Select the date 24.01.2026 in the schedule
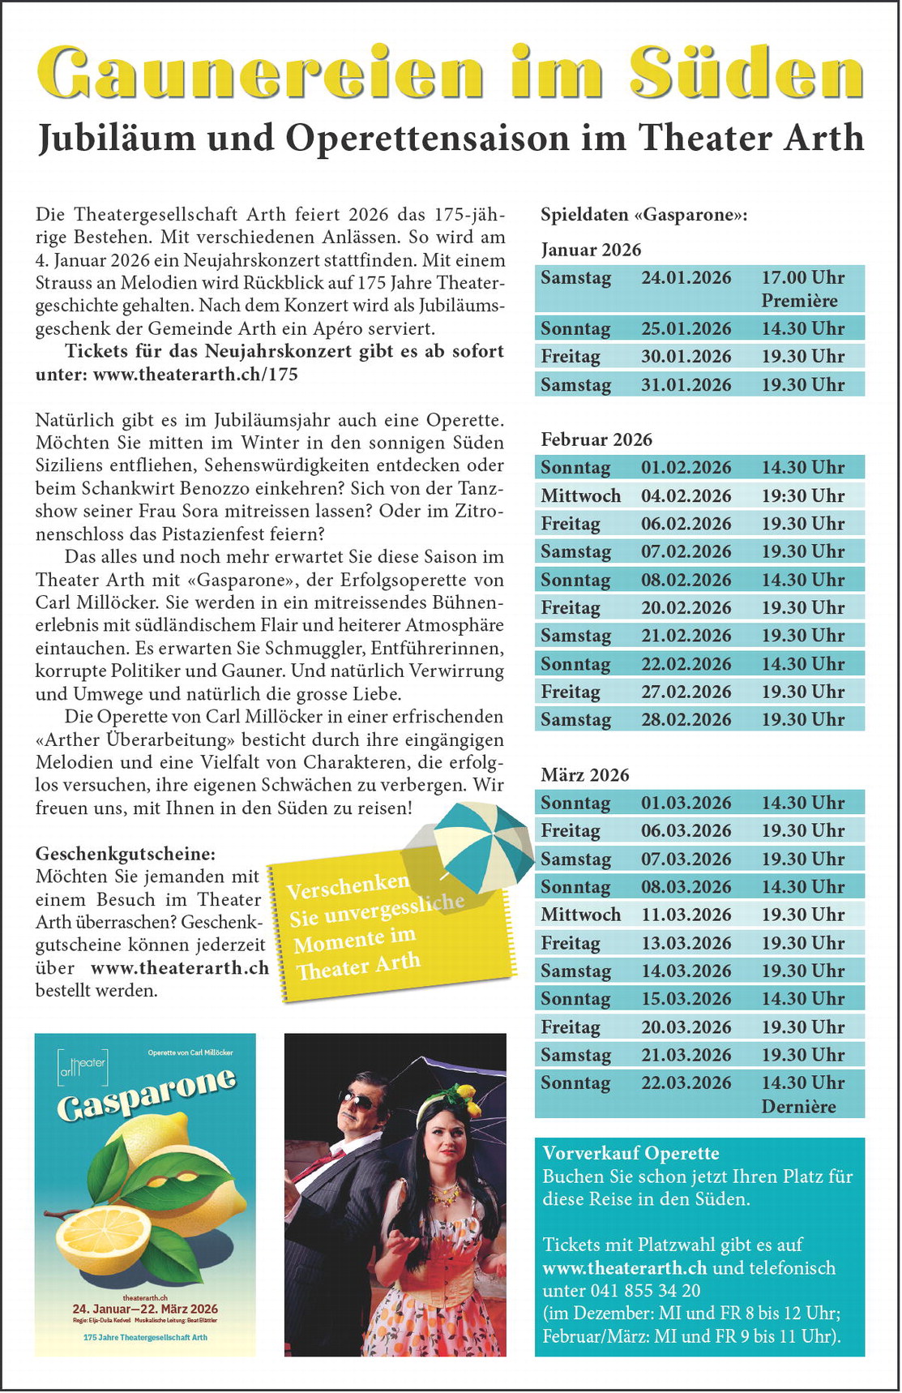[x=686, y=278]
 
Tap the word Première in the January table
[x=799, y=301]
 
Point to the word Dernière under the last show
[x=798, y=1106]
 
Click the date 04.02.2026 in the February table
[x=686, y=495]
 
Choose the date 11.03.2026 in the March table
[x=686, y=915]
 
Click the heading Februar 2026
[x=596, y=439]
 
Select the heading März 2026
[x=585, y=775]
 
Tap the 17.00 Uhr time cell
[x=802, y=278]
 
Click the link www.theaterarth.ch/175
[x=195, y=375]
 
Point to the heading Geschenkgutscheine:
[x=126, y=854]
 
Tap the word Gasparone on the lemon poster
[x=146, y=1095]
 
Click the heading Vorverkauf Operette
[x=631, y=1153]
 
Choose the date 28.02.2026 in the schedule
[x=686, y=719]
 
